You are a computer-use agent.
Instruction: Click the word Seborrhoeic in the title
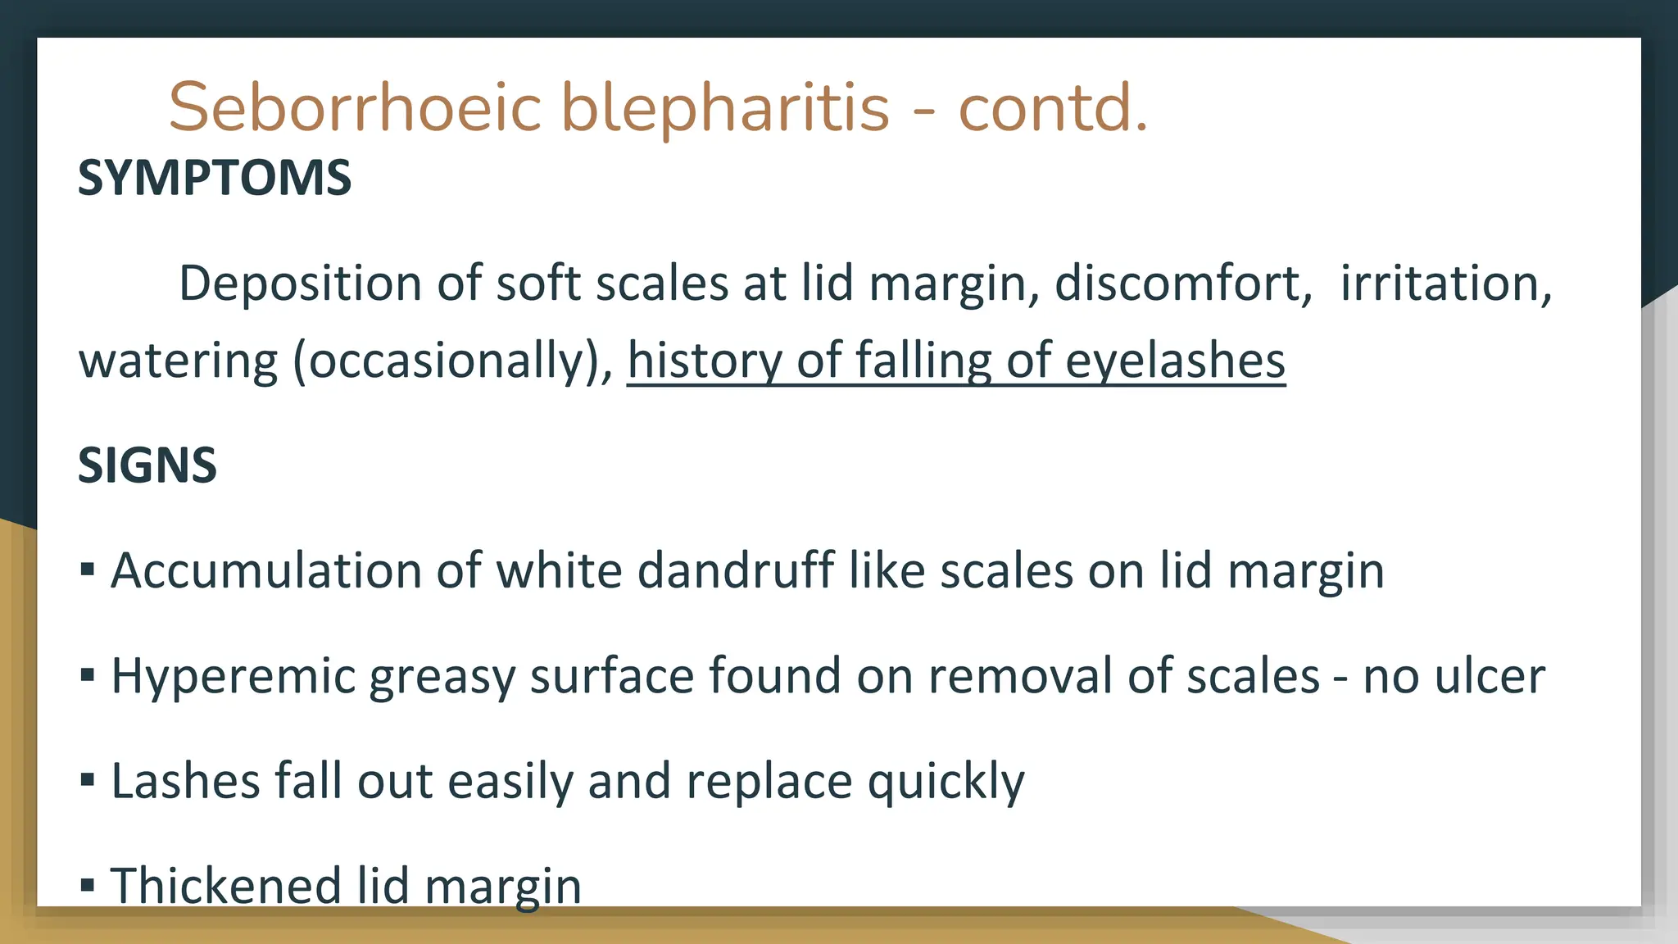pos(355,107)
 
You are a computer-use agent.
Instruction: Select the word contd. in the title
pos(1053,107)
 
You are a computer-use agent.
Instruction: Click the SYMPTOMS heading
pos(215,178)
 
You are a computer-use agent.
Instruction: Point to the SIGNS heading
pos(147,465)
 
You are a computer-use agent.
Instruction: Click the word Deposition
pos(300,284)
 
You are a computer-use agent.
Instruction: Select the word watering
pos(178,361)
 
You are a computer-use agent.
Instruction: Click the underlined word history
pos(705,361)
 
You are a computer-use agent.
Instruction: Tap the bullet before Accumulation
pos(88,569)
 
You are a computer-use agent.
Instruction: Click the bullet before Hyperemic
pos(88,674)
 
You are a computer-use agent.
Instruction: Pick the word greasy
pos(442,678)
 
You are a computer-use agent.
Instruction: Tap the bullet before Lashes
pos(88,779)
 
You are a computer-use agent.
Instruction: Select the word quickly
pos(946,782)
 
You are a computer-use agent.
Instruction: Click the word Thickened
pos(225,886)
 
